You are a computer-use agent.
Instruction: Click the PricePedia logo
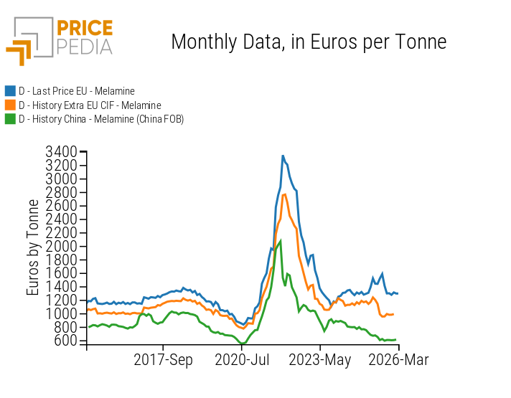coord(60,40)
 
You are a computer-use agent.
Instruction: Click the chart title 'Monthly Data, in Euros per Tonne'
coord(309,42)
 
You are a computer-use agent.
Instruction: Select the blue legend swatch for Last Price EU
coord(10,91)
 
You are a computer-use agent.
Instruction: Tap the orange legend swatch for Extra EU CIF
coord(10,105)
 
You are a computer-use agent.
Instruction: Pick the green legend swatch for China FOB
coord(10,119)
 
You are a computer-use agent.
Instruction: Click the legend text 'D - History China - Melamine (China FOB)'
coord(101,119)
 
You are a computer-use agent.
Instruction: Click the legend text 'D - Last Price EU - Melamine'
coord(77,91)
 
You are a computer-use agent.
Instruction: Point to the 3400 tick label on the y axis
coord(60,152)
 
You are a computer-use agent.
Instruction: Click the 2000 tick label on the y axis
coord(60,246)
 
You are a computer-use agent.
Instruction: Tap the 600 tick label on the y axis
coord(64,341)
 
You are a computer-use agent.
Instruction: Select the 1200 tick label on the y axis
coord(60,300)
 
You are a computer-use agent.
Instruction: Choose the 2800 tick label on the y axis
coord(60,192)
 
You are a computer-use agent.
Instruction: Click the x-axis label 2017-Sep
coord(163,360)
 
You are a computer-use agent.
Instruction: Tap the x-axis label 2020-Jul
coord(242,360)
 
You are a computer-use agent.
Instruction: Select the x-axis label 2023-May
coord(320,360)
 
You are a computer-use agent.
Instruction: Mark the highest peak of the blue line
coord(283,156)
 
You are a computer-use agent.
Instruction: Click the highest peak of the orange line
coord(285,194)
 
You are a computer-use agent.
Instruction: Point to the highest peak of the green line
coord(280,241)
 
